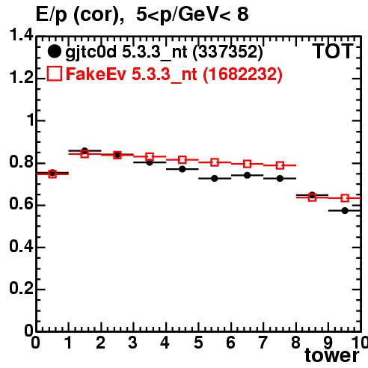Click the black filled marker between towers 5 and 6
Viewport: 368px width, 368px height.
(x=215, y=179)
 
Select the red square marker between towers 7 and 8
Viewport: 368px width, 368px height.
(x=280, y=165)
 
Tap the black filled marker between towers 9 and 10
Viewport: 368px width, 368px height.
(x=345, y=211)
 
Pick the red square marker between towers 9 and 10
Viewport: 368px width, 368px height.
(x=345, y=198)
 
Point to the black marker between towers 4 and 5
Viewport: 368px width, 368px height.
(x=183, y=169)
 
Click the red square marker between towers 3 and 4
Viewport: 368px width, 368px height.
(x=150, y=157)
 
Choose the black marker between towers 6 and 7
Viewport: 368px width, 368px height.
(x=247, y=175)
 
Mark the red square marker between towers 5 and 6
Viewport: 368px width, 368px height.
(x=215, y=162)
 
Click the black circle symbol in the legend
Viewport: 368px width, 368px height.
(x=54, y=52)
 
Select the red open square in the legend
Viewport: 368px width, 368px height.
(x=55, y=73)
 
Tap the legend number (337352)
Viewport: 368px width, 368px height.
(x=228, y=52)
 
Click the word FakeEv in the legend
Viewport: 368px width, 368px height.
(x=96, y=74)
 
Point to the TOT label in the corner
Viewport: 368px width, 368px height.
(x=333, y=51)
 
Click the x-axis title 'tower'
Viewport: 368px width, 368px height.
(x=332, y=355)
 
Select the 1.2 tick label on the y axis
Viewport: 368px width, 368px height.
(x=21, y=78)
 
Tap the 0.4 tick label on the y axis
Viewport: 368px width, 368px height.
(x=21, y=246)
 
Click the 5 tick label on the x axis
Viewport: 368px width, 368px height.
(x=198, y=343)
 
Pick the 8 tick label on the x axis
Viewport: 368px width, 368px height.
(x=296, y=343)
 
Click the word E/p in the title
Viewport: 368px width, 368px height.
(x=52, y=15)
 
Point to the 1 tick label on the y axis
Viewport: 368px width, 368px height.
(x=31, y=120)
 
